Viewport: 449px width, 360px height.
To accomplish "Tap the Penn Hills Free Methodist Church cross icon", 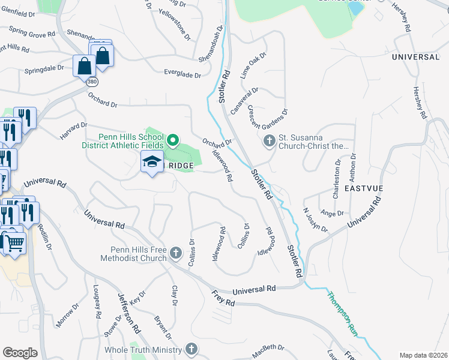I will click(175, 253).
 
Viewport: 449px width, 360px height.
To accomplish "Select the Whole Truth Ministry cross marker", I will click(191, 349).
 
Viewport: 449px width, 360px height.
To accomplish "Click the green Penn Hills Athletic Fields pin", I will click(173, 141).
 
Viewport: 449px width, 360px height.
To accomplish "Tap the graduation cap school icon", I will click(152, 162).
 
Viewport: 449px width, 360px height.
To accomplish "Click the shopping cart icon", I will click(14, 243).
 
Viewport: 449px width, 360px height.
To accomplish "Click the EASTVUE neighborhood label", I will click(364, 188).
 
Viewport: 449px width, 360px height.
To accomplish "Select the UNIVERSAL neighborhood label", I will click(415, 57).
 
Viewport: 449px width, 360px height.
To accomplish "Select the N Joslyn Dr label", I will click(316, 220).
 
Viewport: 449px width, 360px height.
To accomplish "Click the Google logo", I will click(20, 352).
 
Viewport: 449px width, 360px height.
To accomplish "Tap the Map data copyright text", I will click(423, 355).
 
